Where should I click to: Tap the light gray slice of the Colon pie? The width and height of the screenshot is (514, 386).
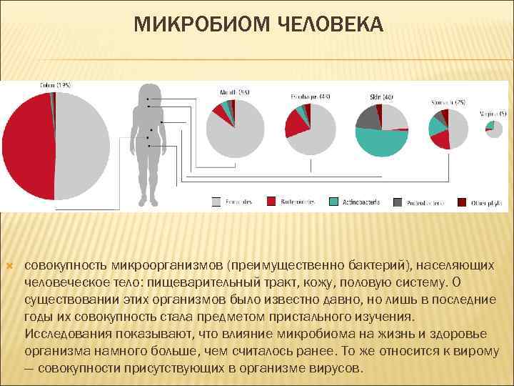82,147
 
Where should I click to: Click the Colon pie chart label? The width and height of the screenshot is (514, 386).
56,86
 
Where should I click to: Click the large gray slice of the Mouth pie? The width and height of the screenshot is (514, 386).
234,132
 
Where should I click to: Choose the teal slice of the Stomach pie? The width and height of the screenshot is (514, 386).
436,126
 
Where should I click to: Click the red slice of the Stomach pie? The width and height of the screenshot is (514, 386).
440,139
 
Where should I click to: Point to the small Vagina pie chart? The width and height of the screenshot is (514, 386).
493,129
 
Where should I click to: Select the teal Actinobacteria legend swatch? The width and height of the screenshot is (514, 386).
333,202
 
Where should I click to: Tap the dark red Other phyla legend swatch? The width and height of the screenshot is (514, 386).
462,202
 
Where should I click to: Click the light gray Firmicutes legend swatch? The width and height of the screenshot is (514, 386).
216,202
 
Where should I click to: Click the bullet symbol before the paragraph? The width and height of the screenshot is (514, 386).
9,265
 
